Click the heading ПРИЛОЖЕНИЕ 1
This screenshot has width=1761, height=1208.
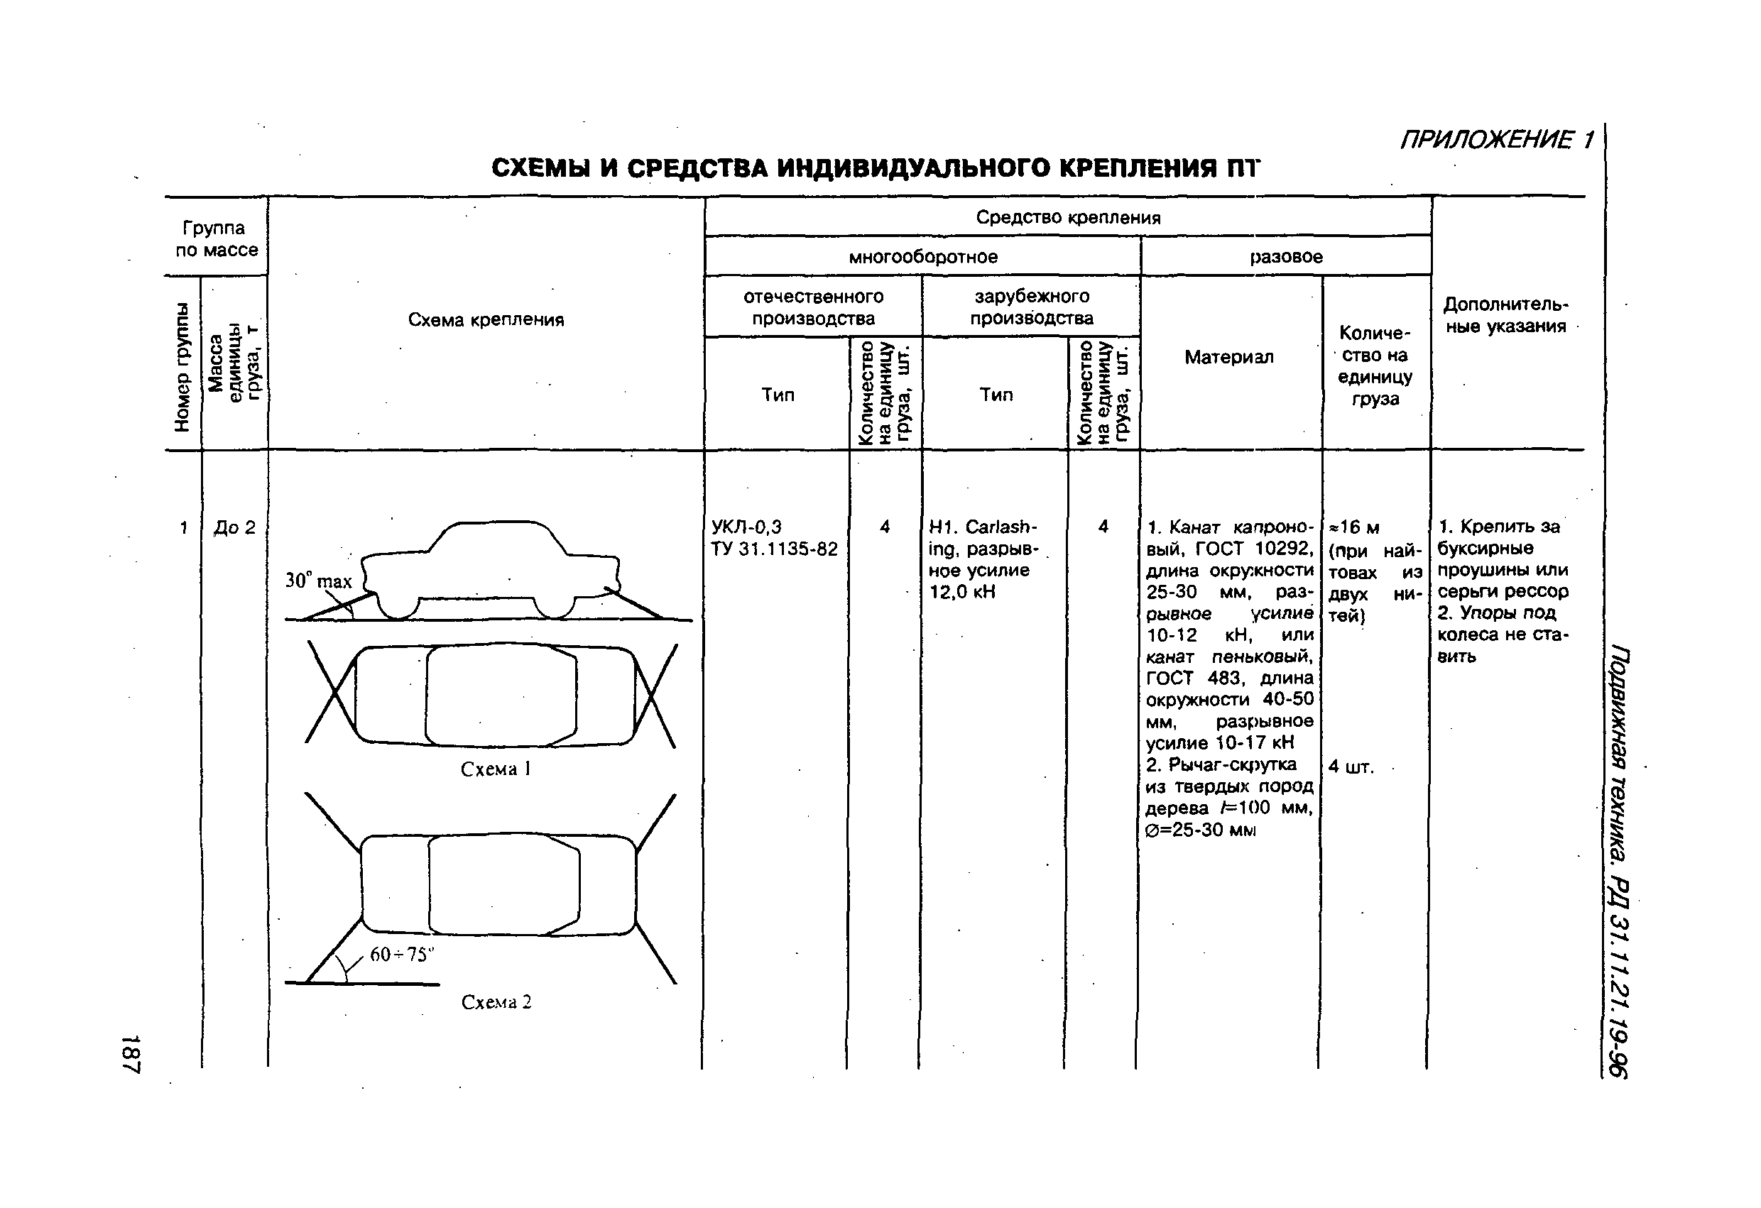click(1497, 140)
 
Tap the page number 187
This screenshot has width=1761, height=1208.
click(131, 1053)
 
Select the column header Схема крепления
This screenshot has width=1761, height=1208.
click(486, 319)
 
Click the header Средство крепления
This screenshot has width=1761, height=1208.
click(1068, 217)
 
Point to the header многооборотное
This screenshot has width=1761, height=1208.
click(922, 257)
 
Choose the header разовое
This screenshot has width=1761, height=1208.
click(1286, 257)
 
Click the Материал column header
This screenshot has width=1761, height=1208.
click(1229, 357)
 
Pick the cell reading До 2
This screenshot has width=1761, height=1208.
click(234, 528)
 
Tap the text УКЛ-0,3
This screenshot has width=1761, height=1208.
click(746, 527)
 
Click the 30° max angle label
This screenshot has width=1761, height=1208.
click(318, 581)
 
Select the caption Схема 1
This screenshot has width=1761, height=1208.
click(496, 769)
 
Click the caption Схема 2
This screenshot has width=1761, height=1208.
click(496, 1002)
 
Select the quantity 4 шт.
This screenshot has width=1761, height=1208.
click(1351, 767)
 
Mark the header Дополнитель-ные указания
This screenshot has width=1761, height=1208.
click(1505, 315)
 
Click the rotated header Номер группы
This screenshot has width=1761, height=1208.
click(182, 368)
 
